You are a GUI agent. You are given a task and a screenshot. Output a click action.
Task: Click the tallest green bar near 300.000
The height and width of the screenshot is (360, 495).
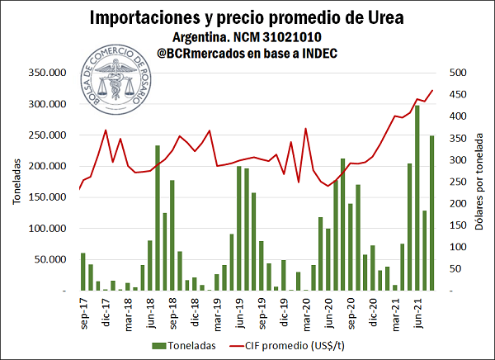tap(417, 198)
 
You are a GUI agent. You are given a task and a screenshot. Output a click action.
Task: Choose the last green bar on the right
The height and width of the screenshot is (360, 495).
tap(432, 213)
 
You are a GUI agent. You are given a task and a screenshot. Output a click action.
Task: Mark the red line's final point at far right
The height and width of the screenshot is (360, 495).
tap(432, 91)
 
